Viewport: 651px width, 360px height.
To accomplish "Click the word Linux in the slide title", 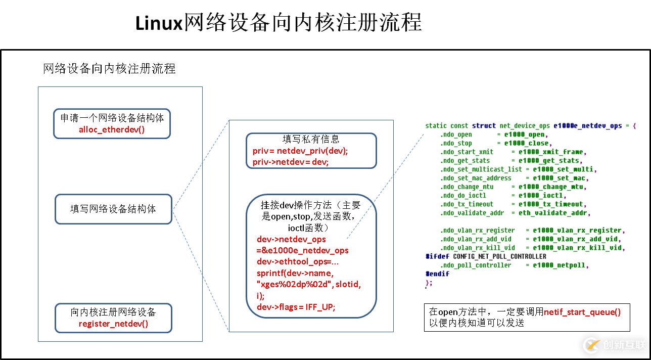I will (x=158, y=23).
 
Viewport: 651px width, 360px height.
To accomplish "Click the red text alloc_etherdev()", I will (x=112, y=129).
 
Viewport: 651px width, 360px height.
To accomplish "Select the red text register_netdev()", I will (x=113, y=324).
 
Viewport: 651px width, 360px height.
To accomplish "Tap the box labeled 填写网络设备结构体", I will (x=113, y=209).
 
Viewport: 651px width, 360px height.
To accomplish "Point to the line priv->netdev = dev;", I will (x=291, y=162).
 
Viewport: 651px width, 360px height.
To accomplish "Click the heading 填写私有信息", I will (x=311, y=139).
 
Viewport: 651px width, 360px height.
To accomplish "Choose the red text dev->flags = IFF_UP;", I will (x=296, y=307).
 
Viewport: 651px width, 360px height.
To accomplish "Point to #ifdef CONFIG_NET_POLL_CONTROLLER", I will (x=486, y=256).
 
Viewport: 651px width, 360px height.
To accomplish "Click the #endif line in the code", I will (x=437, y=274).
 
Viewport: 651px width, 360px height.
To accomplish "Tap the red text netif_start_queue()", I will (x=582, y=312).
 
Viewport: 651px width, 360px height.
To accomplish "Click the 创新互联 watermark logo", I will (x=615, y=345).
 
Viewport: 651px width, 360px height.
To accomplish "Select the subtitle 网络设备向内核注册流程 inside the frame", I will (x=110, y=69).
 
